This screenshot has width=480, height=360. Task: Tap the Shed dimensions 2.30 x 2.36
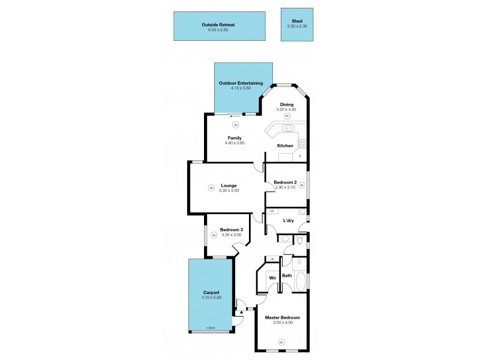tap(296, 26)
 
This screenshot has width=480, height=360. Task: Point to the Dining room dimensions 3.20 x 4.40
tap(287, 110)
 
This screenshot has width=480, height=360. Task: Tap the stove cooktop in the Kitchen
tap(302, 143)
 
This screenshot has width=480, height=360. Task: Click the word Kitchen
tap(285, 146)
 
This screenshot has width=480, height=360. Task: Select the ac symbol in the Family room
tap(235, 125)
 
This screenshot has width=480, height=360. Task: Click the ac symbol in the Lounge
tap(211, 188)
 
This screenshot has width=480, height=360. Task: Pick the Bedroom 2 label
tap(286, 182)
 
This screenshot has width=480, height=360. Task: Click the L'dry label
tap(288, 221)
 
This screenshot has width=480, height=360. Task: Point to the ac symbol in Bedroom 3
tap(214, 235)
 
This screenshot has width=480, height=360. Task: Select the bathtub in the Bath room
tap(301, 281)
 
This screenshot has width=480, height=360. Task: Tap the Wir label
tap(272, 278)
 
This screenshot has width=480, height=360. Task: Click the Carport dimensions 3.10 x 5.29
tap(211, 298)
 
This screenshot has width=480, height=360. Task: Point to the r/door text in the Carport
tap(211, 328)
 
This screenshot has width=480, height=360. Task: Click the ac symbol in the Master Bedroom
tap(281, 343)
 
